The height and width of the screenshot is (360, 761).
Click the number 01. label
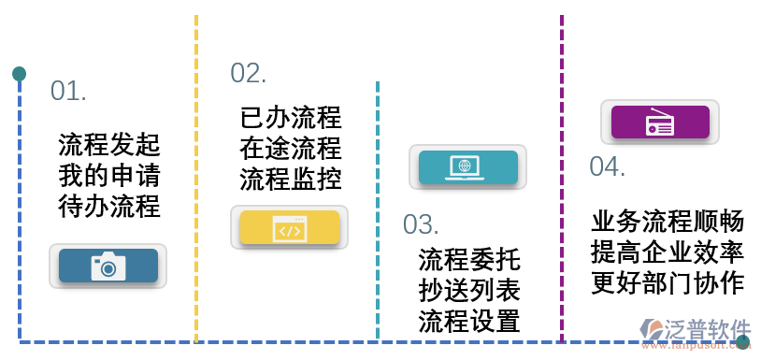(x=68, y=92)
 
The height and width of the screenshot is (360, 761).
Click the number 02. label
(x=249, y=73)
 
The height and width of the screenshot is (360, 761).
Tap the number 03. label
(x=421, y=224)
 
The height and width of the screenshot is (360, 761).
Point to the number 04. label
(x=607, y=166)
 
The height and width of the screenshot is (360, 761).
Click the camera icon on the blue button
(x=108, y=266)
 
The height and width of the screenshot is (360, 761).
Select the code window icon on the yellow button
(x=289, y=228)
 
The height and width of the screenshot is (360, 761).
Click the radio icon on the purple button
(x=660, y=122)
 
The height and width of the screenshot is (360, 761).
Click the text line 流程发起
(x=109, y=145)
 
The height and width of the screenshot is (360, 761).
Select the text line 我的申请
(x=109, y=176)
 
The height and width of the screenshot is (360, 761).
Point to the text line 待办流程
(x=109, y=206)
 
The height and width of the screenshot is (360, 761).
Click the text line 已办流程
(x=291, y=118)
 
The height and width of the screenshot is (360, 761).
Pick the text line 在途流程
(x=291, y=148)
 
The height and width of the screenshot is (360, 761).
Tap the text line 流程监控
(x=291, y=178)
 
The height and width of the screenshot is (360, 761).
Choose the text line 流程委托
(x=469, y=259)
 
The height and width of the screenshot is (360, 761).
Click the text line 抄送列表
(x=469, y=290)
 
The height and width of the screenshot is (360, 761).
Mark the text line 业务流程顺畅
(x=668, y=222)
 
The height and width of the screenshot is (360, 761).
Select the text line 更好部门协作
(x=668, y=282)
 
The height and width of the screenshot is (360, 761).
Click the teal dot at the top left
(x=19, y=74)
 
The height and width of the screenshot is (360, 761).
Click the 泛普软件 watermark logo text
(x=707, y=329)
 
